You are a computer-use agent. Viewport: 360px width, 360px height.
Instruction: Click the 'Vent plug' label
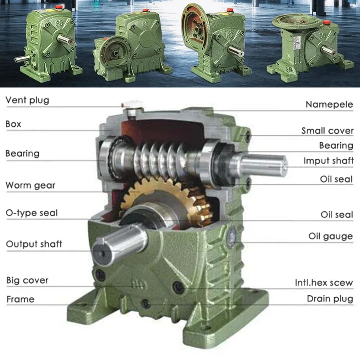click(27, 100)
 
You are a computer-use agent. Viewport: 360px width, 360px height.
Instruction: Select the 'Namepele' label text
click(329, 104)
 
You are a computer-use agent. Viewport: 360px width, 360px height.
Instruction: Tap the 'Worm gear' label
click(30, 185)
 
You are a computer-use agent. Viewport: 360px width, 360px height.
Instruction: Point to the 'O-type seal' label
click(31, 213)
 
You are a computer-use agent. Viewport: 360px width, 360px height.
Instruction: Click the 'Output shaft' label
click(34, 244)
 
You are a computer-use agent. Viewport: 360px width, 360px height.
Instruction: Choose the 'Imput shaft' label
click(328, 161)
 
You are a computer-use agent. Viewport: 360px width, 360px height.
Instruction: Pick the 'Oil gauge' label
click(330, 236)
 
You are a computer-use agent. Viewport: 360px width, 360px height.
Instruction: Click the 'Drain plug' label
click(330, 298)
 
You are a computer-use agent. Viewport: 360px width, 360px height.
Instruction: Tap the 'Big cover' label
click(27, 280)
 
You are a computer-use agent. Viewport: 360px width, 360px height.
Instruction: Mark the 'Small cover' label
click(327, 131)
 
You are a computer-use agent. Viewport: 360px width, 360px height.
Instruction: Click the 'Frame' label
click(20, 299)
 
